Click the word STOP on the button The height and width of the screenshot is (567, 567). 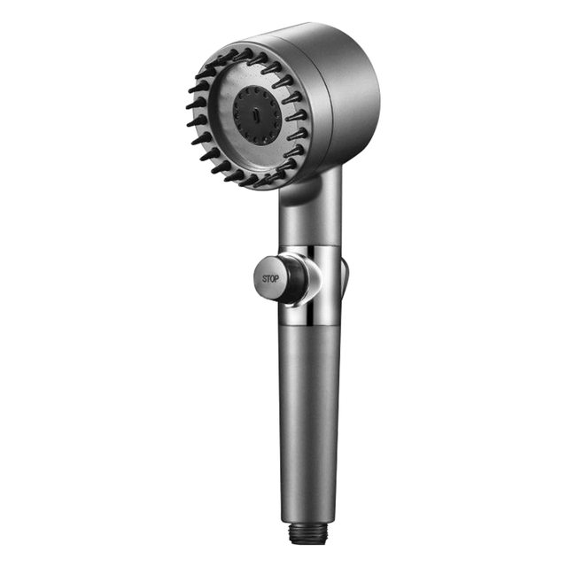point(270,279)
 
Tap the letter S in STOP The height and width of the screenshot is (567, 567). point(264,279)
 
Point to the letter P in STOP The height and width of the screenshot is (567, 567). point(276,279)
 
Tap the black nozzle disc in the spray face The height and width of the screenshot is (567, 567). point(256,116)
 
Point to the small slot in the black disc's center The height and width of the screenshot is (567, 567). point(255,116)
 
